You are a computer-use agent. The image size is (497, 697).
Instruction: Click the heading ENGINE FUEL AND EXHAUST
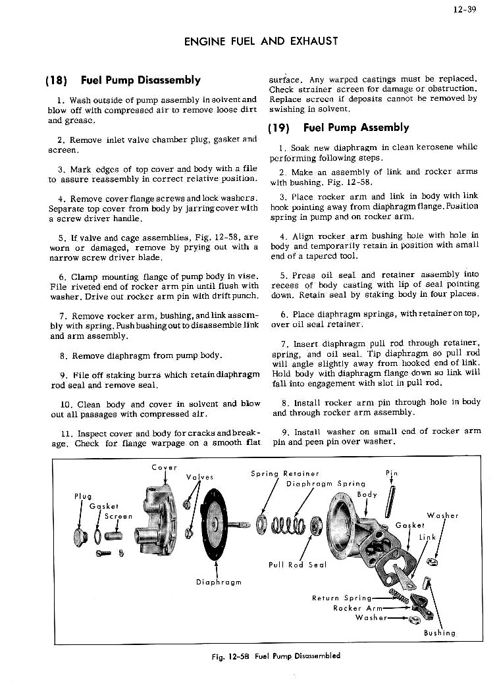[x=261, y=41]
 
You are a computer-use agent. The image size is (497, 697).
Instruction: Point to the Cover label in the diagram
[x=164, y=467]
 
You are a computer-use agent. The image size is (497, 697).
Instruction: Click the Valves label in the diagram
[x=199, y=478]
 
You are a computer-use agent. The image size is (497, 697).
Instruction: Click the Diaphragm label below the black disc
[x=219, y=581]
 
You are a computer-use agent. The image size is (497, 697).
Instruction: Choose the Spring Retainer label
[x=285, y=473]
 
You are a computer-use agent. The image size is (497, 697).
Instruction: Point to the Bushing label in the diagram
[x=440, y=632]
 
